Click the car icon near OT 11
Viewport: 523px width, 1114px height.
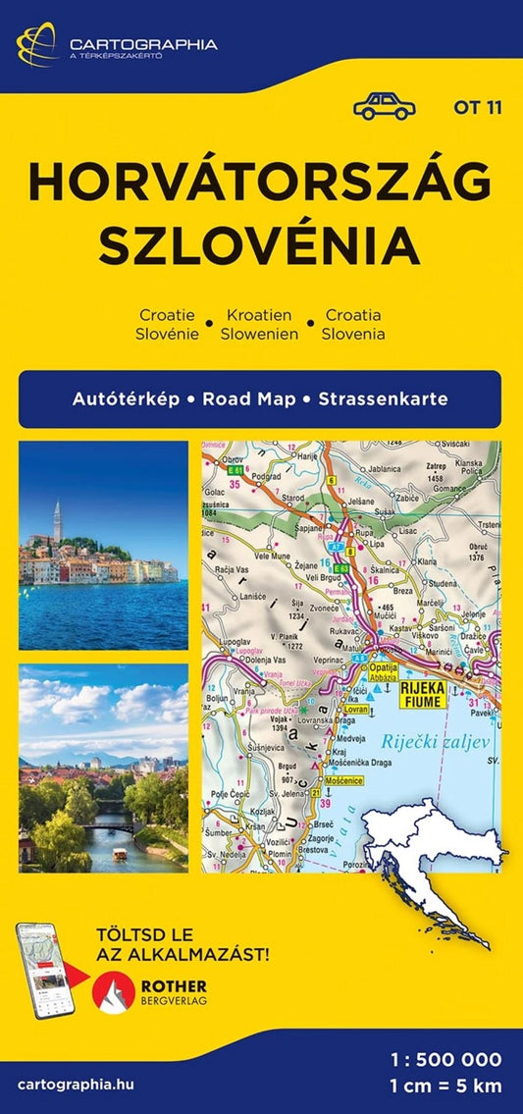(x=384, y=106)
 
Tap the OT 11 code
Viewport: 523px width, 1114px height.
(x=478, y=108)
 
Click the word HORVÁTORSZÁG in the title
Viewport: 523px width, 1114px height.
(x=260, y=184)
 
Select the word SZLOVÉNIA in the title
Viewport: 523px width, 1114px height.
(x=260, y=245)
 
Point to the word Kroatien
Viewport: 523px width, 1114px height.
(x=260, y=315)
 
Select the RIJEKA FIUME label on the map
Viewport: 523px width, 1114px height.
(x=423, y=695)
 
